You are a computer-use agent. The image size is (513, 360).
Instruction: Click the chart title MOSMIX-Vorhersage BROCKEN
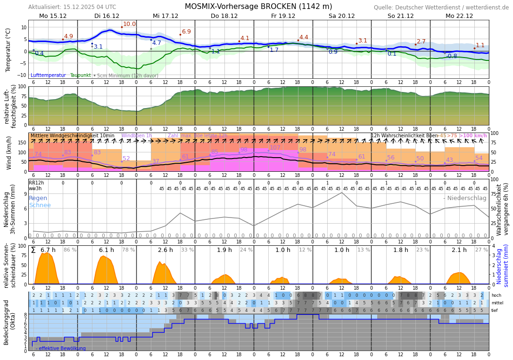(258, 7)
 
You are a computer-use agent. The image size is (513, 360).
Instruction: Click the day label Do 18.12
(224, 16)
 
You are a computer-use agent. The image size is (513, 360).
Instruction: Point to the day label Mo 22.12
(459, 16)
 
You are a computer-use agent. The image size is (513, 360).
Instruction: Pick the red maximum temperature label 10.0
(129, 24)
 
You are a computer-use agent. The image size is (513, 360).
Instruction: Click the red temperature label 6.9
(186, 32)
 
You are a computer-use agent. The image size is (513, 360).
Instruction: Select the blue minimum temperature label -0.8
(451, 56)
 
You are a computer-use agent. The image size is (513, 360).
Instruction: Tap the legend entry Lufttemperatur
(48, 75)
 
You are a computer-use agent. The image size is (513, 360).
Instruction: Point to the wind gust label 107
(275, 148)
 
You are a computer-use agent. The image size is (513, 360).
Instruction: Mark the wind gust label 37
(156, 161)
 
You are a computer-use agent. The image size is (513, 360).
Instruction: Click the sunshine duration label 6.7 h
(48, 250)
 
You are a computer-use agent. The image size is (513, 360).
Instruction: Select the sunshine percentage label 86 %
(70, 250)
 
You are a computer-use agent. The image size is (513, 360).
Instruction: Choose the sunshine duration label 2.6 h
(165, 250)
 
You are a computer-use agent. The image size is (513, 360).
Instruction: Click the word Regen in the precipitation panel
(38, 198)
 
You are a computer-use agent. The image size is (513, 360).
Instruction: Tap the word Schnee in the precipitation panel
(40, 205)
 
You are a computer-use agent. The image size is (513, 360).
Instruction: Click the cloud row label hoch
(496, 295)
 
